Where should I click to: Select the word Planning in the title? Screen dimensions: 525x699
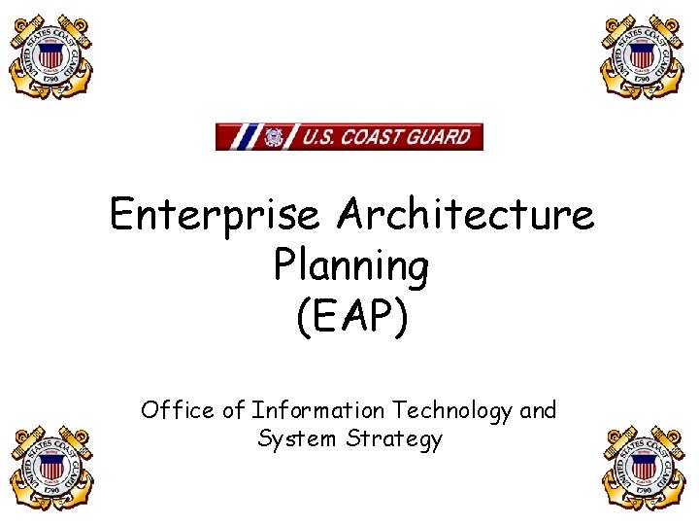pos(350,265)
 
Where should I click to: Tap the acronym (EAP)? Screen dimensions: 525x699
pos(350,318)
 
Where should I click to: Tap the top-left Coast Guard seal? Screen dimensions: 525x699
pos(50,55)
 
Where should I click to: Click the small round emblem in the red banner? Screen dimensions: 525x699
pos(273,137)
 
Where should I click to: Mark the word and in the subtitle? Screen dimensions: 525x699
pos(538,410)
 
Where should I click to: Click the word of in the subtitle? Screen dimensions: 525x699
pos(234,410)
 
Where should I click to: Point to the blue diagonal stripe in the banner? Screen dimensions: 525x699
pos(247,137)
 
